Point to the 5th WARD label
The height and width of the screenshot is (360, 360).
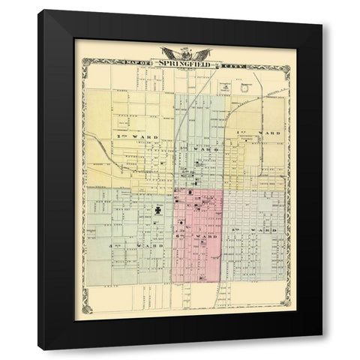(x=261, y=229)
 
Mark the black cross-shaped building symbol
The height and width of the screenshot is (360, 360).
(x=158, y=212)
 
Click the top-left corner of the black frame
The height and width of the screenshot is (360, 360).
(x=40, y=11)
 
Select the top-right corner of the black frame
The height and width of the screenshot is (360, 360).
(x=322, y=25)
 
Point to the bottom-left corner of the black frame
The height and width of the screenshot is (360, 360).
(x=40, y=349)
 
